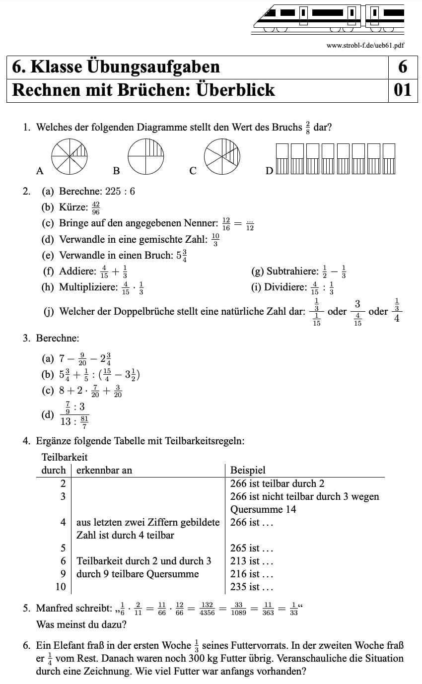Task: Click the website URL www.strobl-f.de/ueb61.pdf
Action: [365, 45]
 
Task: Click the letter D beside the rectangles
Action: [269, 171]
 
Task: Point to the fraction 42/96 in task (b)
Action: [96, 207]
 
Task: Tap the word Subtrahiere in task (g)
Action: [292, 271]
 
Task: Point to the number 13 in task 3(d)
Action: [66, 422]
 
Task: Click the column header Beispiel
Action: [248, 470]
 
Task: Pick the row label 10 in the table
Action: [61, 587]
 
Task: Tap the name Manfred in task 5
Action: [56, 609]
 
